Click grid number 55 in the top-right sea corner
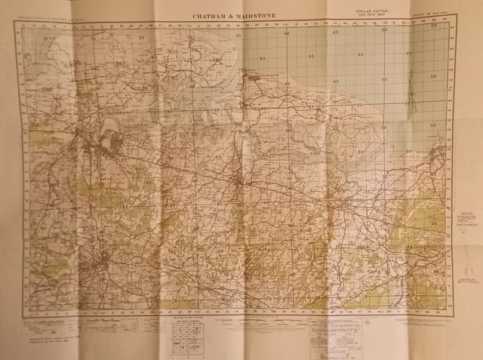[x=433, y=25]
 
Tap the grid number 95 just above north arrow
[x=408, y=54]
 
